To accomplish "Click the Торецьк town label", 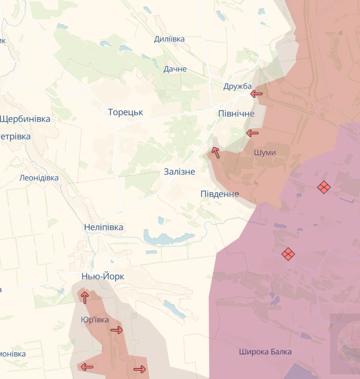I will tap(125, 112).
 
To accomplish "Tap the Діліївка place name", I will tap(169, 39).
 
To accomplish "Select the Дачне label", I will tap(175, 69).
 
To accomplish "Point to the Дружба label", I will tap(237, 86).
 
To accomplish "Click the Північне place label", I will tap(236, 113).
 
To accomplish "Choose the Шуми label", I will tap(265, 152).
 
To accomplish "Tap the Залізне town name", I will tap(179, 172).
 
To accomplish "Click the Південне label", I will tap(219, 194).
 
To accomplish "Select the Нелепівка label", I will tap(103, 227).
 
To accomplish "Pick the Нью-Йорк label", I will tap(102, 276).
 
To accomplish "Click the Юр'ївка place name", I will tap(94, 320).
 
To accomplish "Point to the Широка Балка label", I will tap(265, 352).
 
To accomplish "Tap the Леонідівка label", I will tap(39, 178).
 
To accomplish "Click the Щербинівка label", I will tap(25, 119).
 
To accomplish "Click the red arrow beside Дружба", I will tap(256, 94).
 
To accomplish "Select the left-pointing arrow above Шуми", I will tap(252, 133).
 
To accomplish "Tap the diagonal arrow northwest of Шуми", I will tap(215, 152).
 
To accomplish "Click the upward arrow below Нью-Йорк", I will tap(84, 297).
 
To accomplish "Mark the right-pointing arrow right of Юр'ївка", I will tap(117, 330).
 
